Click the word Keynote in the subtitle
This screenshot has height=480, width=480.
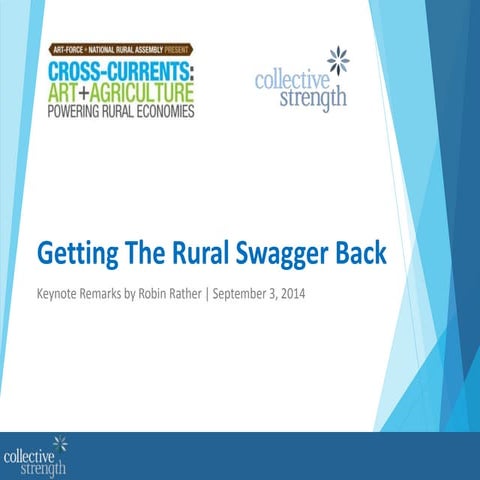(x=58, y=295)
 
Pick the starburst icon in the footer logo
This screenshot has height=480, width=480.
(x=60, y=441)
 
